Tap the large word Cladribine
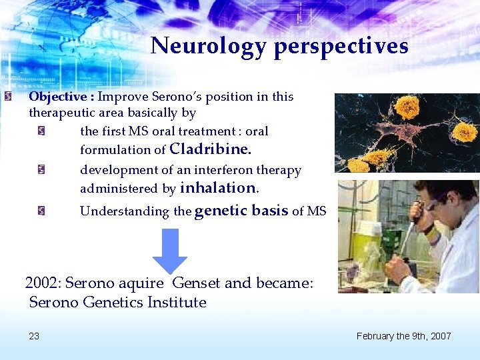pos(211,149)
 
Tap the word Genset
pos(197,283)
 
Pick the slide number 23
pos(34,336)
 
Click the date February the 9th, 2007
pos(403,336)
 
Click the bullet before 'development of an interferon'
pos(41,171)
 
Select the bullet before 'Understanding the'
pos(41,211)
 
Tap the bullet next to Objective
pos(6,97)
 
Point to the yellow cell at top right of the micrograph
pos(464,131)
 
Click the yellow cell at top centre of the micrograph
pos(406,107)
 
